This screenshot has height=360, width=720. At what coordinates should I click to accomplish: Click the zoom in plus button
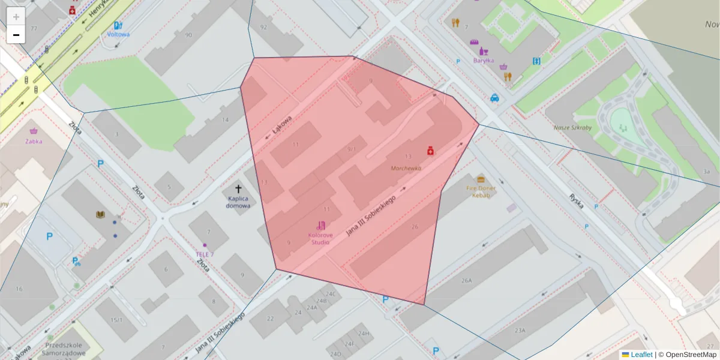tap(16, 16)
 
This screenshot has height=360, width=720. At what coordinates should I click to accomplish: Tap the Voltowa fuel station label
tap(118, 34)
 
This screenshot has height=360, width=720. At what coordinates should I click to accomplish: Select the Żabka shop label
tap(34, 142)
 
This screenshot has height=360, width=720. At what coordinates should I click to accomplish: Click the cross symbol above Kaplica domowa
tap(238, 189)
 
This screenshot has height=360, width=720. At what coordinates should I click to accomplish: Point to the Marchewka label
tap(406, 169)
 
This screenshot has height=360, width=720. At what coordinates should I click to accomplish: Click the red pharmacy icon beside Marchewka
tap(430, 151)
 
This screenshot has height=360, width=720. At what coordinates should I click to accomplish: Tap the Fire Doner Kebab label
tap(481, 191)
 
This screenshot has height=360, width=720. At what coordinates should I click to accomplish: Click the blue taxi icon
tap(494, 98)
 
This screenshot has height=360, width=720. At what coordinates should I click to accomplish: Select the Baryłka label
tap(483, 60)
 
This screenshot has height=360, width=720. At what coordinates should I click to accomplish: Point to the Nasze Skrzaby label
tap(573, 128)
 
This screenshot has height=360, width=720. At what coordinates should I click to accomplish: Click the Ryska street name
tap(577, 199)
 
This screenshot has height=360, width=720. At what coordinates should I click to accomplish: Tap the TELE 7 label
tap(205, 254)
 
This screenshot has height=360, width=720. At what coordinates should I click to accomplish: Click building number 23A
tap(519, 330)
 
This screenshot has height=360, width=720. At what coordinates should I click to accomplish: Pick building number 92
tap(263, 27)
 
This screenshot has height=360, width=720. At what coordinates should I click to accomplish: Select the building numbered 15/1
tap(116, 320)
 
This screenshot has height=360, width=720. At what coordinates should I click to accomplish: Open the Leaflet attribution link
tap(641, 355)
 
